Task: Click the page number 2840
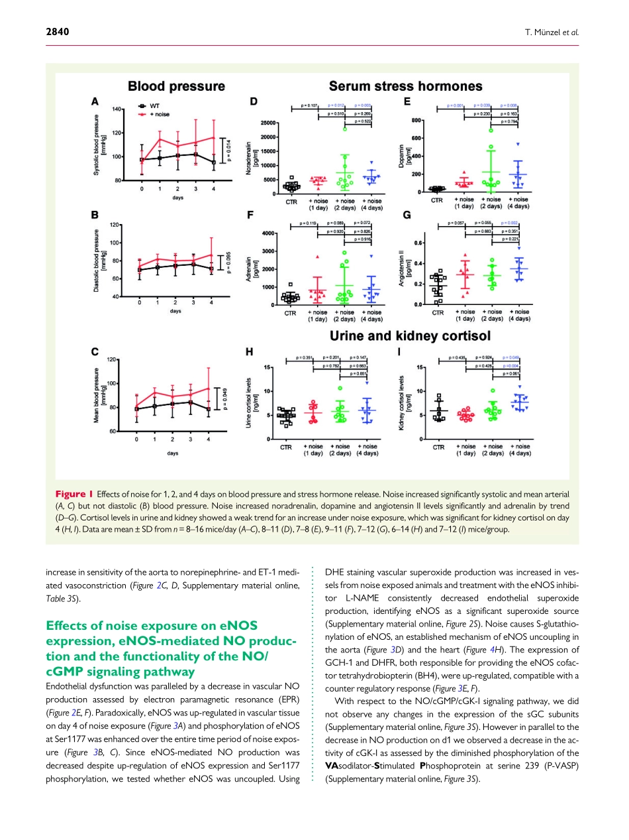[58, 32]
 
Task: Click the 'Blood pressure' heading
[176, 86]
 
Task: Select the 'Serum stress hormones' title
[405, 86]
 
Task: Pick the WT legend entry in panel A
[154, 105]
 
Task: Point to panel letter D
[254, 101]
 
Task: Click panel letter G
[407, 215]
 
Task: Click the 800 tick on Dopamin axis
[416, 120]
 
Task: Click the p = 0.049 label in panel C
[224, 400]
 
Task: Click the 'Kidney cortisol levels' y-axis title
[402, 402]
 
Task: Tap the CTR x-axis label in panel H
[285, 448]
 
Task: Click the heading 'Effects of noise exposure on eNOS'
[151, 625]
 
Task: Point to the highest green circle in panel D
[345, 129]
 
